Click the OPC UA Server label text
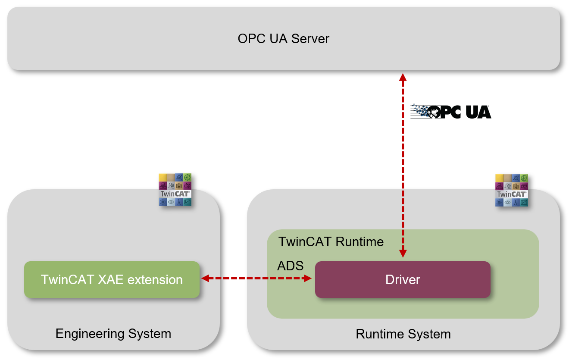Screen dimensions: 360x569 pos(283,39)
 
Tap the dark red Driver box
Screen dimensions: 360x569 pos(403,279)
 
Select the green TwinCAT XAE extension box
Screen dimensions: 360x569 pos(112,279)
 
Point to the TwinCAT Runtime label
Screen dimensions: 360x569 pos(331,241)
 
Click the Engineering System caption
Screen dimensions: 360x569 pos(113,333)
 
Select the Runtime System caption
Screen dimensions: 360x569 pos(403,334)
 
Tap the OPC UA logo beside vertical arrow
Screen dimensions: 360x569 pos(450,112)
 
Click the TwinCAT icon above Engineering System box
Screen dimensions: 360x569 pos(175,190)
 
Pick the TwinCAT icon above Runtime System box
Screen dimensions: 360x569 pos(512,190)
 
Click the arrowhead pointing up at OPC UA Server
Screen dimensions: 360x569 pos(403,78)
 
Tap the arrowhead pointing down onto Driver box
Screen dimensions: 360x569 pos(403,254)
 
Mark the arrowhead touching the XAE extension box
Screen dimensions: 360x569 pos(206,279)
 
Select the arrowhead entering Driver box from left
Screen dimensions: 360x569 pos(308,279)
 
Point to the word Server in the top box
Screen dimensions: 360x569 pos(310,39)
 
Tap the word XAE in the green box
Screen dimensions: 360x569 pos(109,279)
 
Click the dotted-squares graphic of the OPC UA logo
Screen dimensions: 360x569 pos(420,111)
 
